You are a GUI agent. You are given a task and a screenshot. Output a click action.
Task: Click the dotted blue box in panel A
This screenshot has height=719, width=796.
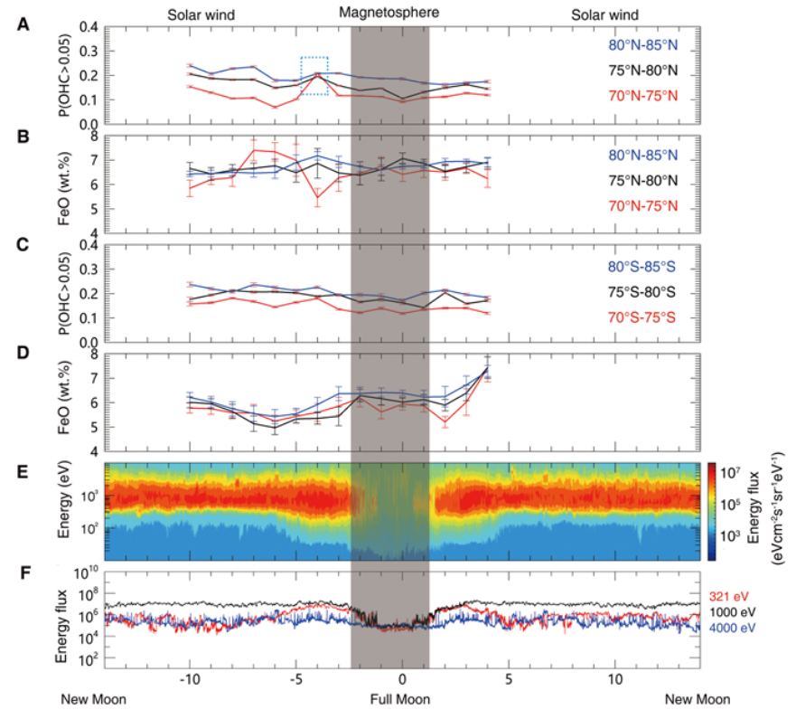314,75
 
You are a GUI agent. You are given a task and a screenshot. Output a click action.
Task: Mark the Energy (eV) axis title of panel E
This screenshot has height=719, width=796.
69,511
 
